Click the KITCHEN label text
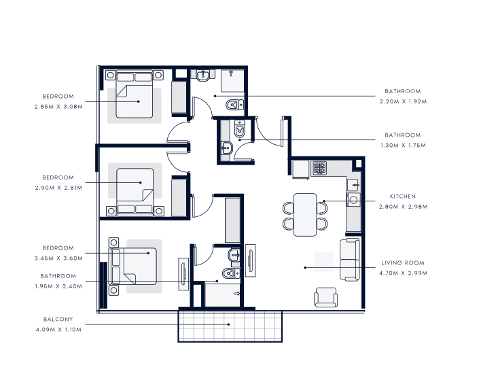pos(403,196)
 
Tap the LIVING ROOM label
pos(403,263)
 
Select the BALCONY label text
pos(58,320)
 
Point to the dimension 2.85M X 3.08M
pos(58,107)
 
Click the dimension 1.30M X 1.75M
pos(403,146)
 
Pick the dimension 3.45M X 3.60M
pos(58,258)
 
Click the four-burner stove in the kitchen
pos(319,168)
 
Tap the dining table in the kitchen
pos(305,215)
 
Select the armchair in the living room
pos(326,297)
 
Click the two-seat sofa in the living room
pos(350,259)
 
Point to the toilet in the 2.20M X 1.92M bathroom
pos(234,105)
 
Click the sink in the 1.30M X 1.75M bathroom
pos(227,148)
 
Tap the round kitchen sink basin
pos(353,200)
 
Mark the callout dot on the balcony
pos(228,324)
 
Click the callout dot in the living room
pos(305,268)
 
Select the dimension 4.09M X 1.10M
pos(58,330)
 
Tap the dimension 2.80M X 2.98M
pos(403,207)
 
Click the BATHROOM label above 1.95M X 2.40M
pos(58,276)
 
